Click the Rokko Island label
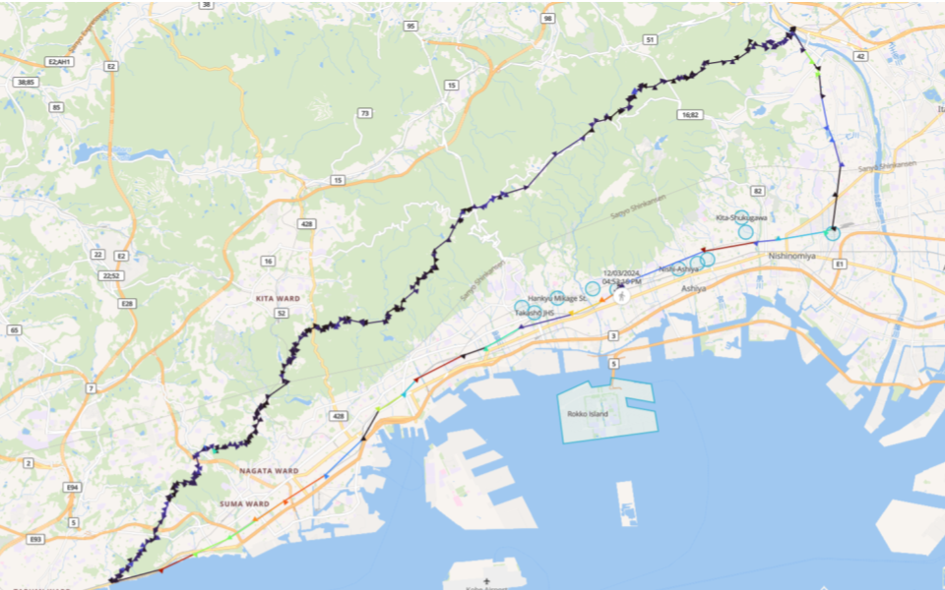588,414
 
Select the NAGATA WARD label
269,471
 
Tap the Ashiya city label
694,288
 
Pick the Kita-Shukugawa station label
741,216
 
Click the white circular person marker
622,295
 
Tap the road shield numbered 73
364,114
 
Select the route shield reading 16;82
689,115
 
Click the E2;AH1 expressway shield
58,62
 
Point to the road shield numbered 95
410,27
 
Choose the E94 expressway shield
72,487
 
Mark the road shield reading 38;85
27,82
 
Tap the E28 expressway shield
127,303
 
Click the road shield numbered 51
650,39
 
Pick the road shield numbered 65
14,330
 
